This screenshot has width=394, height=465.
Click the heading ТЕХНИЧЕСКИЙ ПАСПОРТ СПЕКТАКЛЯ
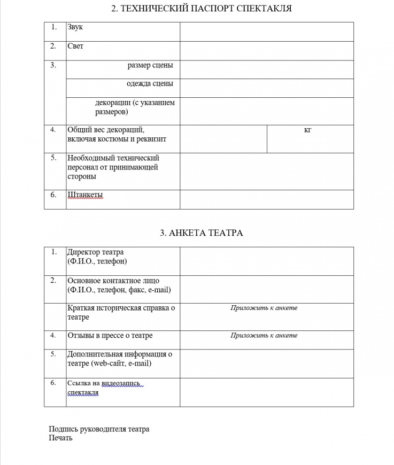pyautogui.click(x=201, y=9)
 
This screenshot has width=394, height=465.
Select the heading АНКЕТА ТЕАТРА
pyautogui.click(x=201, y=233)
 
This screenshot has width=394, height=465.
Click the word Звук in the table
pyautogui.click(x=75, y=27)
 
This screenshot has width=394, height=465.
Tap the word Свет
pyautogui.click(x=75, y=46)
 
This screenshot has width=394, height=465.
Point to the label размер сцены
pyautogui.click(x=150, y=66)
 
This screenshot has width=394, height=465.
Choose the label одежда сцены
pyautogui.click(x=150, y=84)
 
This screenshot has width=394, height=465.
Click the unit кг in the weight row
pyautogui.click(x=307, y=130)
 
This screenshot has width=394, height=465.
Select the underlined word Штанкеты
pyautogui.click(x=85, y=195)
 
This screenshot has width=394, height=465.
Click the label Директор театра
pyautogui.click(x=96, y=252)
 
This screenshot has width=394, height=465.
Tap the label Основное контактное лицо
pyautogui.click(x=113, y=281)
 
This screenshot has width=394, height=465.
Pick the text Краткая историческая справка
pyautogui.click(x=121, y=308)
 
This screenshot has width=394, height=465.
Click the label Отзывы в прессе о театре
pyautogui.click(x=110, y=336)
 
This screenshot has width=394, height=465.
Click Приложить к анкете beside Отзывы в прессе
pyautogui.click(x=264, y=336)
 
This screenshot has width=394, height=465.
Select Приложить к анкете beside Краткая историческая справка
pyautogui.click(x=264, y=308)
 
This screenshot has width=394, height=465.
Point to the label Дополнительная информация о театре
pyautogui.click(x=120, y=354)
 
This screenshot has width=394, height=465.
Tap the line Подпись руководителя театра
pyautogui.click(x=99, y=429)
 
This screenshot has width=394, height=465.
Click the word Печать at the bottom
pyautogui.click(x=60, y=438)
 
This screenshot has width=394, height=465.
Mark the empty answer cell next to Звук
pyautogui.click(x=266, y=32)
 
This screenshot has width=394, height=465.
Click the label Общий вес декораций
pyautogui.click(x=106, y=130)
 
